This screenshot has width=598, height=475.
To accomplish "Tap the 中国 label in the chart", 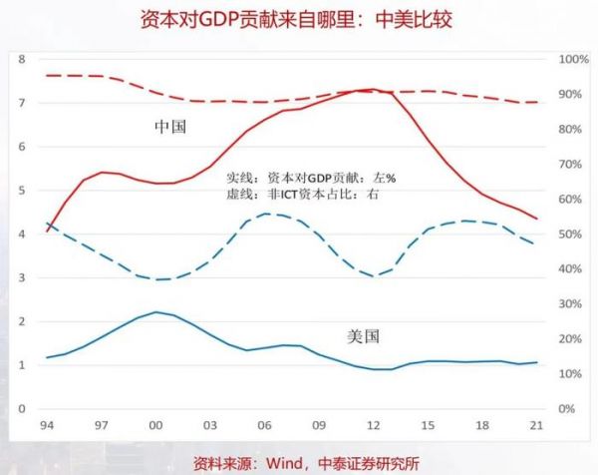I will click(x=170, y=127).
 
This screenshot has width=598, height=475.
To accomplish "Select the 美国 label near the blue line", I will click(x=365, y=335).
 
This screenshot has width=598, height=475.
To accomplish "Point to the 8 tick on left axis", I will click(x=21, y=59).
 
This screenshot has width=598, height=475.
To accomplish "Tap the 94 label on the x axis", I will click(x=46, y=425).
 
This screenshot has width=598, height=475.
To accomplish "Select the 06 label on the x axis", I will click(x=264, y=425).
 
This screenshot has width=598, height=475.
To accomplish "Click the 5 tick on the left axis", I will click(x=21, y=190).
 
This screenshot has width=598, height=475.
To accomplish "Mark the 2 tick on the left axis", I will click(x=21, y=321).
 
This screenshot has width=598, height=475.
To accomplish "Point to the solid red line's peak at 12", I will click(x=371, y=90).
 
